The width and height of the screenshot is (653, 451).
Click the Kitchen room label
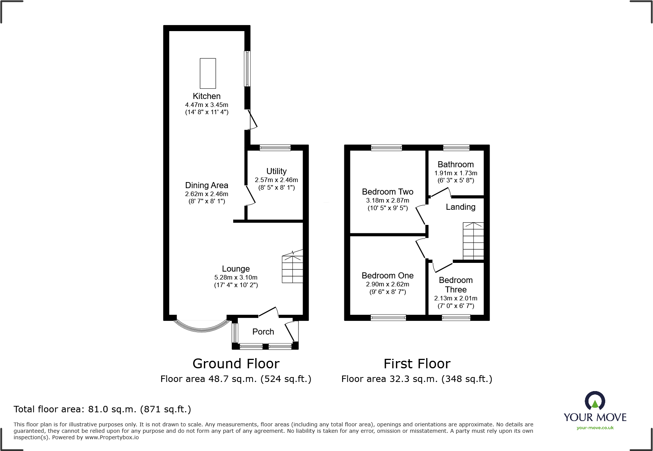[207, 96]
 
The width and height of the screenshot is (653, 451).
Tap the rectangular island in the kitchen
[208, 73]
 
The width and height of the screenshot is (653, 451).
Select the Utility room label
[276, 171]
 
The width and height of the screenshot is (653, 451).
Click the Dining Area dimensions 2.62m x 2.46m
[207, 194]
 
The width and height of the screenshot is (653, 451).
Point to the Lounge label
[236, 269]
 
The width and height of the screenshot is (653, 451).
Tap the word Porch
[263, 332]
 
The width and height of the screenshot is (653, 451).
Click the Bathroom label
[456, 165]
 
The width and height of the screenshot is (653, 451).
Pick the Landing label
[460, 207]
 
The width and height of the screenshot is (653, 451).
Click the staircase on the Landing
[473, 241]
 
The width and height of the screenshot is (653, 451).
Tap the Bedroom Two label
[388, 192]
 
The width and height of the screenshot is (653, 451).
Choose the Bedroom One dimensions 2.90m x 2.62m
[388, 284]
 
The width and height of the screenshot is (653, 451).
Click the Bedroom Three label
[456, 285]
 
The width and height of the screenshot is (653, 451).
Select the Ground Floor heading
[236, 364]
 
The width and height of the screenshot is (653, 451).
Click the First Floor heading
[417, 364]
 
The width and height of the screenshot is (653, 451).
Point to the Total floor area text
[102, 409]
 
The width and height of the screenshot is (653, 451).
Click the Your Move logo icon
[595, 401]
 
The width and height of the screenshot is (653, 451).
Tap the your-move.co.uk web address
[595, 428]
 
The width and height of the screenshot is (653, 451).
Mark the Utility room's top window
[275, 148]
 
